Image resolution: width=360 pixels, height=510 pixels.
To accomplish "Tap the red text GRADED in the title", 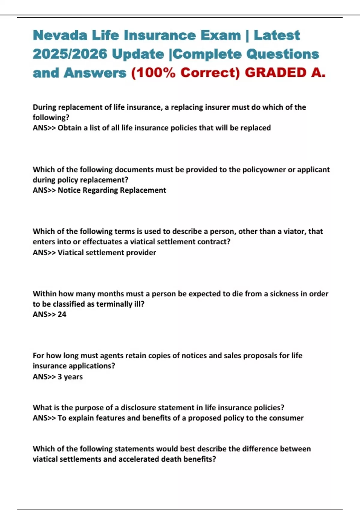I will click(x=275, y=73).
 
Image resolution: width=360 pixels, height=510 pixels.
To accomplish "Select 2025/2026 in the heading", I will click(x=70, y=54).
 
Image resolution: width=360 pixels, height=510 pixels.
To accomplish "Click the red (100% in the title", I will click(x=153, y=73).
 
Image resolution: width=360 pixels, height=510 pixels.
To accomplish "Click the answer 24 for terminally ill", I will click(x=62, y=314).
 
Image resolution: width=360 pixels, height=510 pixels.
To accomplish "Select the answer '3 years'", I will click(x=70, y=377).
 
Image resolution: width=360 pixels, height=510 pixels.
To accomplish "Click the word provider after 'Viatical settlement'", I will click(x=141, y=253).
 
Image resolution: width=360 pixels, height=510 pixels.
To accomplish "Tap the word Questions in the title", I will click(x=283, y=54).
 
